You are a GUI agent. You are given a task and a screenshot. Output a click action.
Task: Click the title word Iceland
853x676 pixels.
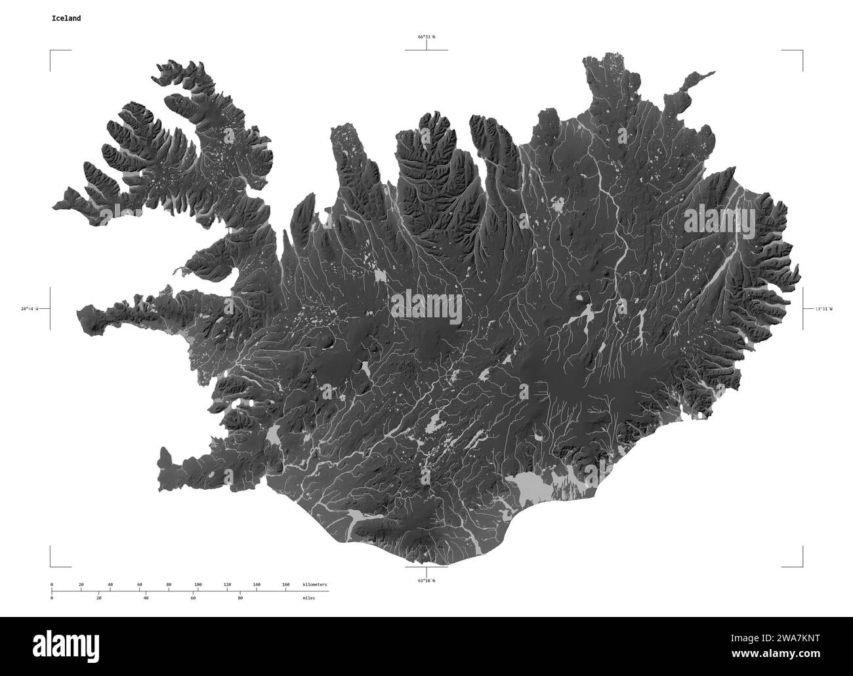66,18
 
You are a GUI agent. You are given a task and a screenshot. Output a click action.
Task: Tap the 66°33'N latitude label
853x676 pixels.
427,37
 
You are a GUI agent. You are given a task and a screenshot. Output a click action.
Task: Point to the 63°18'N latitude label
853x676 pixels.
427,580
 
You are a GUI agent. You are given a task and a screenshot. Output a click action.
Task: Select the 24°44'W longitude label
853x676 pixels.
30,308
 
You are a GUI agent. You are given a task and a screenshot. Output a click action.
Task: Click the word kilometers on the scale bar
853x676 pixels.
314,584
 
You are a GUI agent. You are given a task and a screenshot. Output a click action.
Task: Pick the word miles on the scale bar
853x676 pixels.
308,598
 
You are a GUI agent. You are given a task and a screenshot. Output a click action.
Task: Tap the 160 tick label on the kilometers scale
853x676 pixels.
285,584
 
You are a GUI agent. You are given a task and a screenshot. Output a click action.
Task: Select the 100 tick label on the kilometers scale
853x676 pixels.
198,584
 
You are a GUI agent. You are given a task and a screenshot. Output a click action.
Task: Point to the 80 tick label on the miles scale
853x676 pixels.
240,598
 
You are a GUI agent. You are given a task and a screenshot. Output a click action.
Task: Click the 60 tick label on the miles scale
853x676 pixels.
193,598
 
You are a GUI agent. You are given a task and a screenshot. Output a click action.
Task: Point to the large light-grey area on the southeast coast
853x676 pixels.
531,486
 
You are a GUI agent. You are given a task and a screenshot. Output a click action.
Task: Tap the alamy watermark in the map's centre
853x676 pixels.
427,308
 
